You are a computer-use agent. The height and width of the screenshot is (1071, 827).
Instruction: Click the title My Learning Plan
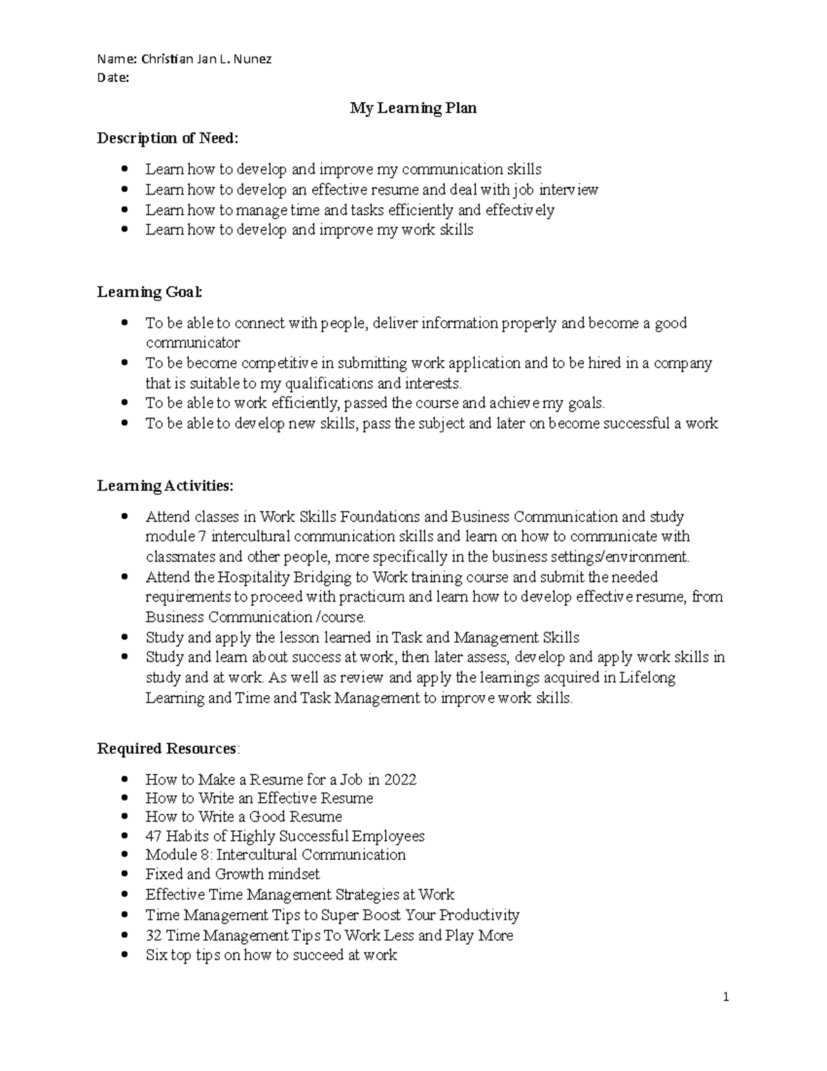413,108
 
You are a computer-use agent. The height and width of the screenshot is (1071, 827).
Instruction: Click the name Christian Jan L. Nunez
206,59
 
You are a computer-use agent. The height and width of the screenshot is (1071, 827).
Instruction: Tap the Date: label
113,77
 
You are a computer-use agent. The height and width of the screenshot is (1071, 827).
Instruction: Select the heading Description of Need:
167,138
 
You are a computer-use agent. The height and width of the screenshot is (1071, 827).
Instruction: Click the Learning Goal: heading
150,292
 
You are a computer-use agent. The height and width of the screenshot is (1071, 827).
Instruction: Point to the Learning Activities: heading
165,486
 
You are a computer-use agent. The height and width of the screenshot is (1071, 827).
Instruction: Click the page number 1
726,997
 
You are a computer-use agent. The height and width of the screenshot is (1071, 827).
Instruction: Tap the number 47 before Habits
153,836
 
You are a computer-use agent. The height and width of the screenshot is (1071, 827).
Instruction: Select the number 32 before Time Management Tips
153,935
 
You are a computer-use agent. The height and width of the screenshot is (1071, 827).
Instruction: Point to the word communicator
192,343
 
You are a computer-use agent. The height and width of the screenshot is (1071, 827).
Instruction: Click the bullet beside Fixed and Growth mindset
124,874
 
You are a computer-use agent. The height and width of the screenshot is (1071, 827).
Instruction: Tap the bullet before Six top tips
124,955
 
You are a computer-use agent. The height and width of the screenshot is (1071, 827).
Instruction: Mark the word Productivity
479,915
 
